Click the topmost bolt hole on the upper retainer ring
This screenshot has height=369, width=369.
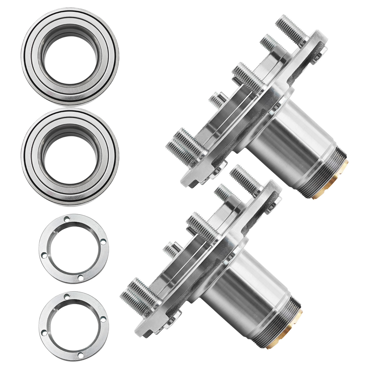(x=67, y=219)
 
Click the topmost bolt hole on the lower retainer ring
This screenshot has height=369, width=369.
(x=67, y=297)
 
